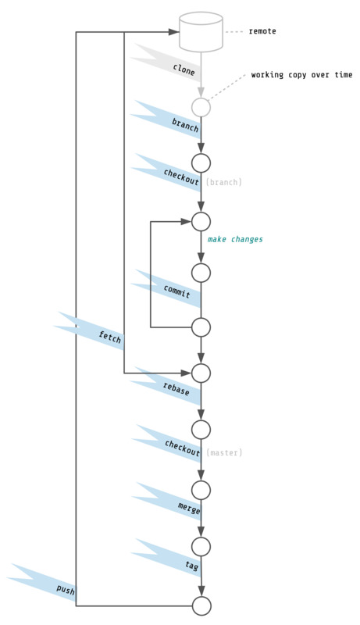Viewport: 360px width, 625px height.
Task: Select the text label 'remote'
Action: point(262,32)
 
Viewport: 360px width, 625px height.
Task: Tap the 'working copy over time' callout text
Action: point(301,75)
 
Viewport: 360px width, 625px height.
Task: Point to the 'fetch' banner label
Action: point(110,336)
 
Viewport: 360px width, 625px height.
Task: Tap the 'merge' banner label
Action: point(189,509)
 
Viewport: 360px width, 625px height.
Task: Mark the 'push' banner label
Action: point(66,591)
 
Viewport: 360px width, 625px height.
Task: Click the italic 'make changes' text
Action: point(235,239)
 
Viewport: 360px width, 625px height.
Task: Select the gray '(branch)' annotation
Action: point(224,182)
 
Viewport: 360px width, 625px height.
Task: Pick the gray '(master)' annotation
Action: point(224,452)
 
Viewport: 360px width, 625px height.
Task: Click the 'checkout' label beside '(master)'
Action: point(183,446)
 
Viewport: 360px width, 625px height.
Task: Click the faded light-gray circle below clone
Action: point(201,107)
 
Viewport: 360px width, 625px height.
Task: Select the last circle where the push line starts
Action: point(201,605)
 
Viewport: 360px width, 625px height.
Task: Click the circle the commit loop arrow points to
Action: point(201,221)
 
